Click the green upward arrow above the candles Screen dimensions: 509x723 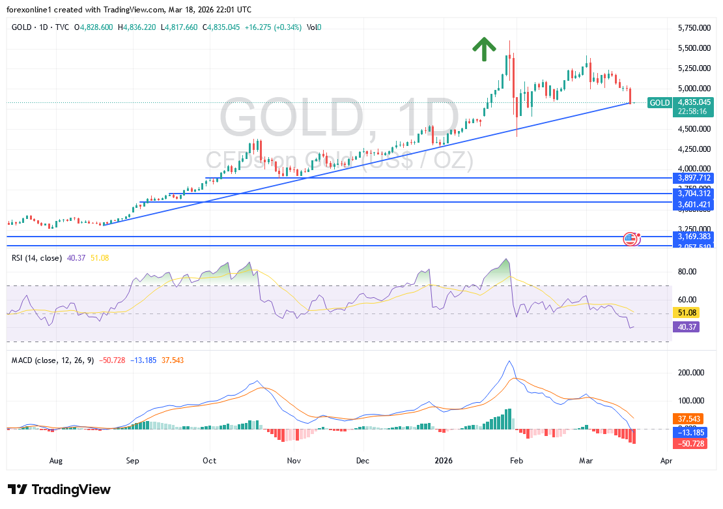point(483,50)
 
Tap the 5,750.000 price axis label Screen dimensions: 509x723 point(693,28)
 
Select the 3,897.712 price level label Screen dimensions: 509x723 point(694,178)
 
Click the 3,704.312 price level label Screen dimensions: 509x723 point(694,194)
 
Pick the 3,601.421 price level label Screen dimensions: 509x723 point(694,205)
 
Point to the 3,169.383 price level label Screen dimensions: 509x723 point(694,237)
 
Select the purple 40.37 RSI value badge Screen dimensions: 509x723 point(687,327)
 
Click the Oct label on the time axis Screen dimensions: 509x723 point(210,461)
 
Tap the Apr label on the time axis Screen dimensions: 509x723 point(666,461)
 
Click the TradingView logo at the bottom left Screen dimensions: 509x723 point(59,489)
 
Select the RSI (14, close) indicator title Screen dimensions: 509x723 point(36,258)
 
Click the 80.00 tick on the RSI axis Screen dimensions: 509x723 point(687,272)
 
